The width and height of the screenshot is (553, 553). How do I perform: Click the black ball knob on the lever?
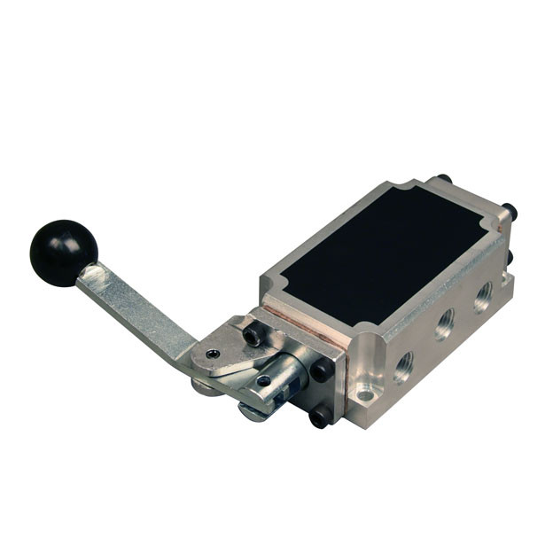(63, 252)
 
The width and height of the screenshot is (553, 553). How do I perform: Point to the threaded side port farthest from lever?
(483, 292)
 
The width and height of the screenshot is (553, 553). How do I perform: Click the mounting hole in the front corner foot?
(364, 395)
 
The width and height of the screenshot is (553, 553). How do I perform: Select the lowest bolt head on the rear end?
(510, 257)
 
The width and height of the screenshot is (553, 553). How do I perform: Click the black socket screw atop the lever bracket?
(253, 335)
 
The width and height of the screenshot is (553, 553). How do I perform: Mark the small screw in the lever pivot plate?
(212, 354)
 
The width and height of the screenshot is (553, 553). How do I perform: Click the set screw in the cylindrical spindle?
(263, 381)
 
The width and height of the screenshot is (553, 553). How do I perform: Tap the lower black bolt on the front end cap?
(319, 417)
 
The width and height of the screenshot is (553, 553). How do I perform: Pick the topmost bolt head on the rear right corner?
(510, 211)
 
